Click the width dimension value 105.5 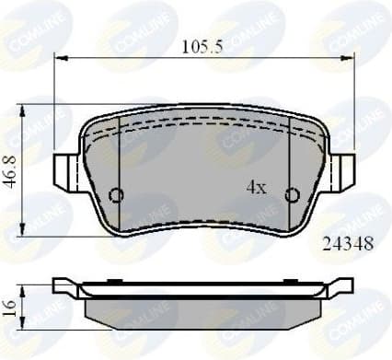[203, 45]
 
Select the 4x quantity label [256, 188]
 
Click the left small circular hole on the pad [116, 194]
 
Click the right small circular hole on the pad [292, 194]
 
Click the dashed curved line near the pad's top [203, 132]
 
